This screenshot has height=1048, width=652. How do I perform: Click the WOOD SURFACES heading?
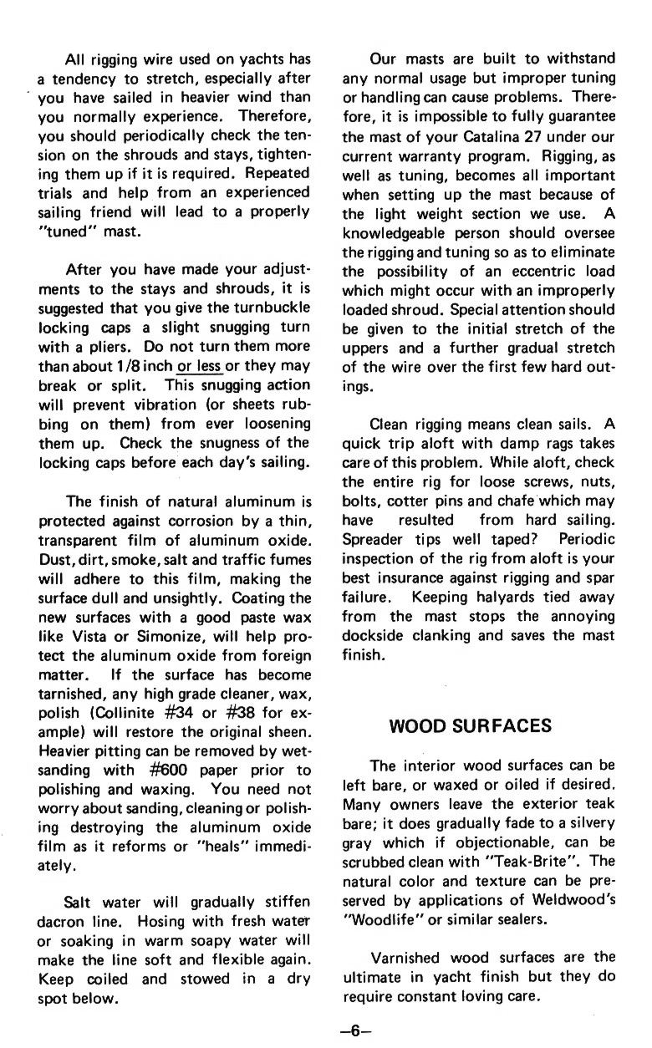pos(471,725)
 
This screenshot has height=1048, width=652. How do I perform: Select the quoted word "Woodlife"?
pos(380,918)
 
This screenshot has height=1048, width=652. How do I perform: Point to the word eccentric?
pos(540,272)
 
